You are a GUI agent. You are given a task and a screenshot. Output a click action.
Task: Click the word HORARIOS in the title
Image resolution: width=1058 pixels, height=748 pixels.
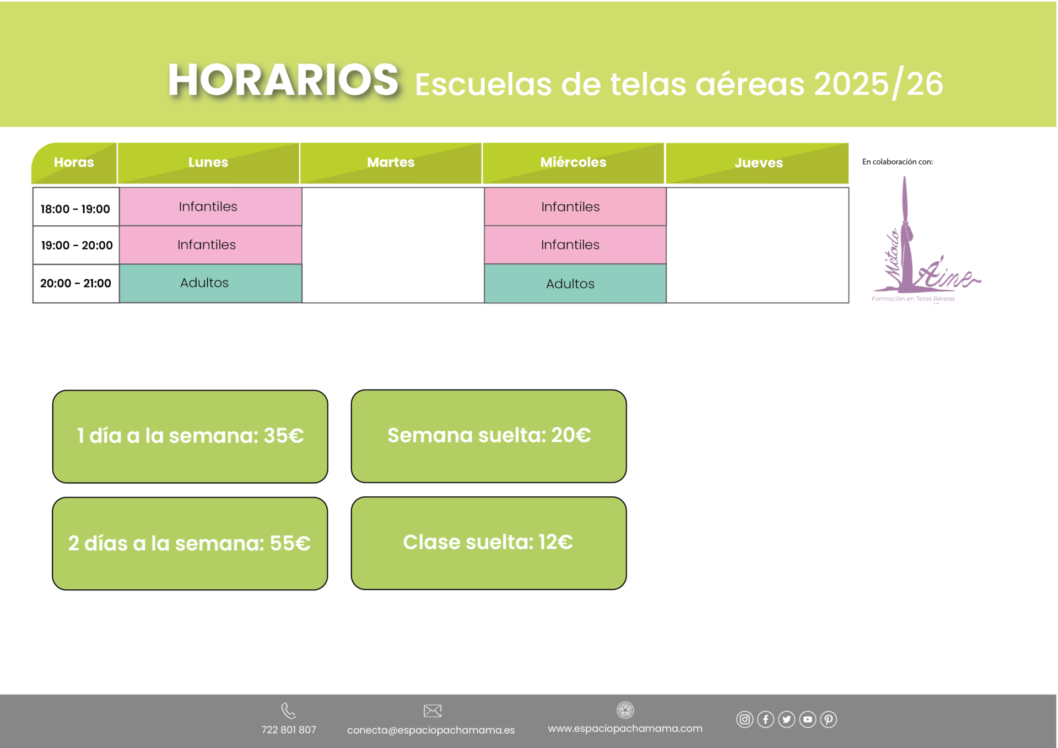(283, 80)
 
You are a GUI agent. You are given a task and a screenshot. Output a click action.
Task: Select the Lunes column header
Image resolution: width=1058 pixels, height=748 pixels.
(208, 162)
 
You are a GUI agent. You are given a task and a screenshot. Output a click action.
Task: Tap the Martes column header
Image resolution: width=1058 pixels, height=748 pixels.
(391, 162)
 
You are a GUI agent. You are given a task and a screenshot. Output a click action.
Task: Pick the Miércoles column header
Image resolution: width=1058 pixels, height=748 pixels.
(573, 162)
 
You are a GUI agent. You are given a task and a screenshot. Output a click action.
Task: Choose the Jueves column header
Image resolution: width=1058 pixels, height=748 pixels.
(758, 162)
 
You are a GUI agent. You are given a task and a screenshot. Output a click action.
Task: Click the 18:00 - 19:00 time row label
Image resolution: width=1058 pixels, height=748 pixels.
(75, 209)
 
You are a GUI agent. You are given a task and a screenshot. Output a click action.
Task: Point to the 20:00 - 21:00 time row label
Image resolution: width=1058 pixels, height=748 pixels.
(75, 283)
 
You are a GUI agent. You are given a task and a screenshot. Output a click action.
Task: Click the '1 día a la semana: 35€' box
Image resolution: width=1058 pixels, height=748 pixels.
(190, 436)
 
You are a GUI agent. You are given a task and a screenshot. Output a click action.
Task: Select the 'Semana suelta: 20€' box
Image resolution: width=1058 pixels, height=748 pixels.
(489, 436)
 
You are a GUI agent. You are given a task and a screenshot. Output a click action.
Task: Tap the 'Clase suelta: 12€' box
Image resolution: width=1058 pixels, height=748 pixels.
(489, 543)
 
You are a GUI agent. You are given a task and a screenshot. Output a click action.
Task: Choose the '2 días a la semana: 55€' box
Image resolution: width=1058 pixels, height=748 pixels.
(190, 544)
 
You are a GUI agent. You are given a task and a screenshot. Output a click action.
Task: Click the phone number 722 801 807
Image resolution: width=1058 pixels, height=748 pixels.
(289, 730)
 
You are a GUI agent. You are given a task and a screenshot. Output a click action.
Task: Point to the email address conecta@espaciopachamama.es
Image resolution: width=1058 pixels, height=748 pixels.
(431, 730)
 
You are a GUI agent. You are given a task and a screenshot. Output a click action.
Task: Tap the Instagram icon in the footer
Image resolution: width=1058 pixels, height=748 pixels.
(744, 719)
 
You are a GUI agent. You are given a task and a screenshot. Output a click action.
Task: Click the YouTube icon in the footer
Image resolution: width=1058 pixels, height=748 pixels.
(808, 719)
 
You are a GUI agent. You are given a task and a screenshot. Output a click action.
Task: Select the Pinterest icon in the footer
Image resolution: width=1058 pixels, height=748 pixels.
(829, 719)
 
